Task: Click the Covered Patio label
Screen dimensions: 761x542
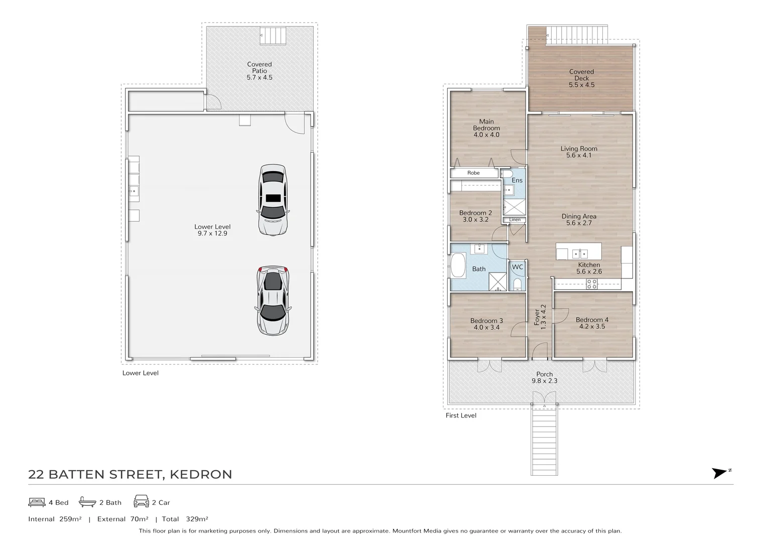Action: pos(259,68)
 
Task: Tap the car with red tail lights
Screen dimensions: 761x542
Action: pos(273,300)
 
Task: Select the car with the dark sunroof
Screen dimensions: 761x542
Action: pos(273,200)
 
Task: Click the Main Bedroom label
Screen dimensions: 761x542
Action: pos(486,124)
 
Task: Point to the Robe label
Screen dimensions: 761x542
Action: pos(473,173)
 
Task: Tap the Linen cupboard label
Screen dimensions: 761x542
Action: pos(515,220)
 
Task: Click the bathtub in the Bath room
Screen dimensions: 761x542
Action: pos(458,265)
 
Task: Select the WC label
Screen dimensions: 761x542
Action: pos(518,267)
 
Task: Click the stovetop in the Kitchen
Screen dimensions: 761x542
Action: pos(592,284)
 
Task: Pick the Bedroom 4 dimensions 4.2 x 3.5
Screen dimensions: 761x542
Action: pos(592,326)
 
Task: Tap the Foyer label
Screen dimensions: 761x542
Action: pos(537,317)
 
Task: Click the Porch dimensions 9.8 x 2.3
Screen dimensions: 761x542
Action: pos(545,381)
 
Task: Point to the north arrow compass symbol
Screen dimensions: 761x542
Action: pos(720,473)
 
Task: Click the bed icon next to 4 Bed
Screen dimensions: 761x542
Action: pos(37,502)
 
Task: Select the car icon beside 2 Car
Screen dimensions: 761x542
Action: pos(142,501)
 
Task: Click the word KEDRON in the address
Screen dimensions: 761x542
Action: pos(201,474)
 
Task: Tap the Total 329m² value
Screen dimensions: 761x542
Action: pos(197,519)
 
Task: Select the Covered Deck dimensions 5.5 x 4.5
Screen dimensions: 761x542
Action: pos(582,85)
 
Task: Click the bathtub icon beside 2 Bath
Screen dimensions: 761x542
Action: pos(87,501)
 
